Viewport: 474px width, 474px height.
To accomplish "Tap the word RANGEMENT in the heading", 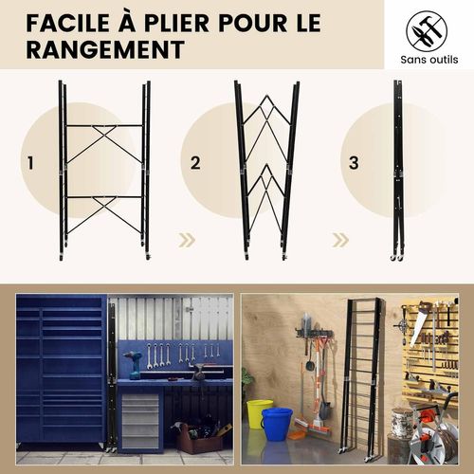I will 103,49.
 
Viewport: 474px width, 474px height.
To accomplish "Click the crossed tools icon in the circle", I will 426,31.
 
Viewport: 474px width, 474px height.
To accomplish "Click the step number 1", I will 30,163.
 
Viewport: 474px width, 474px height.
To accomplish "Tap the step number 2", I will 195,163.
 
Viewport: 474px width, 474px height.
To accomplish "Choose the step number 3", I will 354,163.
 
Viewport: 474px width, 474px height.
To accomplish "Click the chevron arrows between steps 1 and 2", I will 187,240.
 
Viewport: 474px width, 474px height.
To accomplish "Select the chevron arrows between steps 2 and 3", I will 341,240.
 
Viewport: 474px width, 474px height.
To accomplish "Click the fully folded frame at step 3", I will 398,171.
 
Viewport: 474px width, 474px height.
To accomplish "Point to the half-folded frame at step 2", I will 266,171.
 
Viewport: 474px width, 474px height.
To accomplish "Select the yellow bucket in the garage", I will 258,413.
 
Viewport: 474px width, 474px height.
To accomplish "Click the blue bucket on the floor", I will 277,423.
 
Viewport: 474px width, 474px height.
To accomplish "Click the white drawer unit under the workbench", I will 140,418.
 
